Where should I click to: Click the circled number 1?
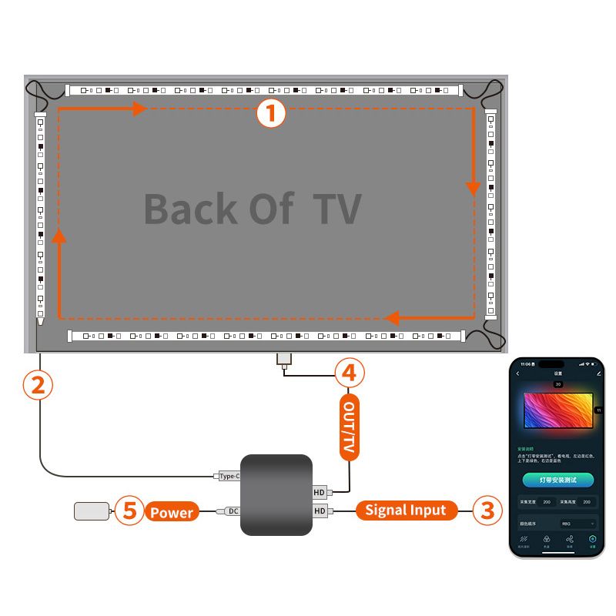point(270,114)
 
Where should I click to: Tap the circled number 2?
point(38,384)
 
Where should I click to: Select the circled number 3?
point(487,510)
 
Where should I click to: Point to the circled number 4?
point(349,373)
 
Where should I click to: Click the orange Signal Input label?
point(406,510)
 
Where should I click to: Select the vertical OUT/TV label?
point(349,427)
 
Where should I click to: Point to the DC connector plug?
point(229,511)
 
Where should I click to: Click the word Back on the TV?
point(190,209)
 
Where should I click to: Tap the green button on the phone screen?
point(557,479)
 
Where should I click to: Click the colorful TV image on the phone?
point(558,410)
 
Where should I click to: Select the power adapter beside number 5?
point(92,511)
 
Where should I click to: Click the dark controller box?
point(276,494)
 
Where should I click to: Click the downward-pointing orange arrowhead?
point(474,189)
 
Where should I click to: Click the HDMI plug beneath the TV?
point(283,359)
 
